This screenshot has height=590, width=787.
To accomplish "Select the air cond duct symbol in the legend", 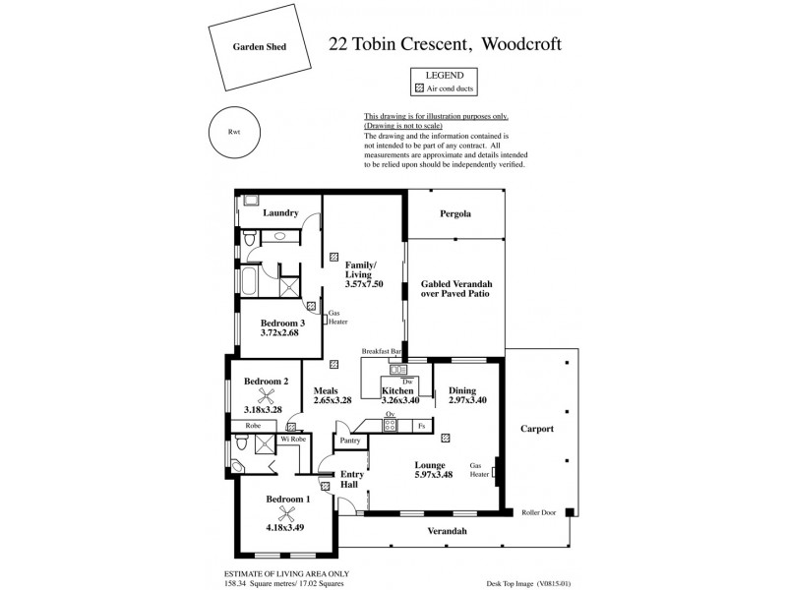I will [419, 88].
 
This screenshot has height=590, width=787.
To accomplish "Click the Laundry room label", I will [280, 212].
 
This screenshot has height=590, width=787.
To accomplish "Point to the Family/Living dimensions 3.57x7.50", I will [363, 284].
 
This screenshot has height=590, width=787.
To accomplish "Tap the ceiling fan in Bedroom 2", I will [265, 396].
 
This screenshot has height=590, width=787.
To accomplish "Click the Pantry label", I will [349, 442].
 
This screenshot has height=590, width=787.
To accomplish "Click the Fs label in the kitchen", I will [420, 426].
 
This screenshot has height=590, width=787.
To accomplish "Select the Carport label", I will [537, 430].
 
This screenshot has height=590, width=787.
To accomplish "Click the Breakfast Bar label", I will [383, 351].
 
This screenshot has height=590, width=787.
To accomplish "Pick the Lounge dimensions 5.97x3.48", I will [430, 477].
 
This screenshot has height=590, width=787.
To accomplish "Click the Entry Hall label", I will [351, 481].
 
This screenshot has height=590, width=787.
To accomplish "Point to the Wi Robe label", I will [293, 439].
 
